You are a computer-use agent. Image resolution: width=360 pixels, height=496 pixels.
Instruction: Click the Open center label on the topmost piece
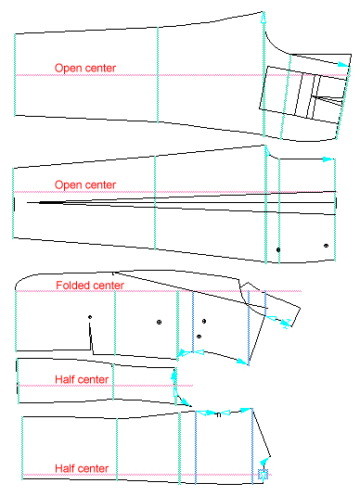tap(85, 67)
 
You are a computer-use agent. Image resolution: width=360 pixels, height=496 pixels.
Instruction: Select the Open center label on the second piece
tap(85, 184)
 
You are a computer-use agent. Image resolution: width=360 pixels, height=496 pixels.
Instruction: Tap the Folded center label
tap(90, 285)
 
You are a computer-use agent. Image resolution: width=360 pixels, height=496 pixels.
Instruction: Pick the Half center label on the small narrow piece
tap(83, 378)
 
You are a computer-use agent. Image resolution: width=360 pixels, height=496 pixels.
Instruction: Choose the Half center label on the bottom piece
tap(83, 468)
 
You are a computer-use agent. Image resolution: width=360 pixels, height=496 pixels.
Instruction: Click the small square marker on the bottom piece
tap(263, 475)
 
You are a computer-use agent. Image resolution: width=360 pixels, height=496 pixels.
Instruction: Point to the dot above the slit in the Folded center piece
tap(90, 318)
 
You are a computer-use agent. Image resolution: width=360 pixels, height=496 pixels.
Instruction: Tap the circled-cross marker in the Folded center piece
tap(159, 322)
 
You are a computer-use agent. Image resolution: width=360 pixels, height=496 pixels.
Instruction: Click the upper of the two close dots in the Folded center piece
tap(203, 321)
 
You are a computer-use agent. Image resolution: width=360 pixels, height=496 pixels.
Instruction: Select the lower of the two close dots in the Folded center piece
tap(199, 335)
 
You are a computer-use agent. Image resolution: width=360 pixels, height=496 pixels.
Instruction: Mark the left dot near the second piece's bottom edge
tap(278, 249)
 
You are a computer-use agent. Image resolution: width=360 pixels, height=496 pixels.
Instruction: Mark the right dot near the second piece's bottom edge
tap(326, 246)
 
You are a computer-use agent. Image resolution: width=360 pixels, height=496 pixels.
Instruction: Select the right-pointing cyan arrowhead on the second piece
tap(328, 160)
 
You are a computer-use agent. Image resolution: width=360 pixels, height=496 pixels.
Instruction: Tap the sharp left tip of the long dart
tap(28, 200)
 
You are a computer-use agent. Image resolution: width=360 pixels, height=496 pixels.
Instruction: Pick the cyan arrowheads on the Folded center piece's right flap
tap(284, 321)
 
